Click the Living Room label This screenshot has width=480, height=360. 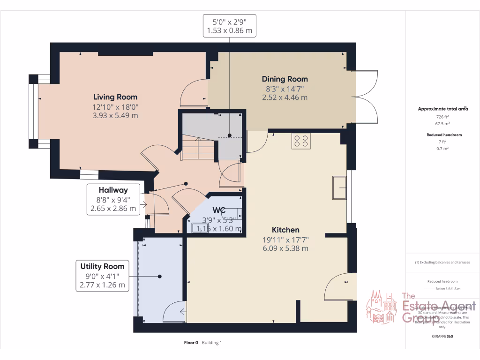(x=115, y=97)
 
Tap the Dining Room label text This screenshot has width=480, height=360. (x=285, y=79)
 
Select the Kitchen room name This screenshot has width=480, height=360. (x=285, y=230)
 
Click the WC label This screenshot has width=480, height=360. (x=219, y=210)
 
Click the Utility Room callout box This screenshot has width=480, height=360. (x=102, y=276)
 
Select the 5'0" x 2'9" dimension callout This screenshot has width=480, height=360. (x=229, y=26)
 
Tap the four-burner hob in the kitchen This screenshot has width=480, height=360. (x=301, y=141)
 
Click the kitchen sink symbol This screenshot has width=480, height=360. (x=339, y=187)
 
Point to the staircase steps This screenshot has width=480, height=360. (x=198, y=149)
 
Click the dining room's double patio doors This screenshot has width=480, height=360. (x=366, y=97)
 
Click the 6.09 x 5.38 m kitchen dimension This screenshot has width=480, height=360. (x=285, y=248)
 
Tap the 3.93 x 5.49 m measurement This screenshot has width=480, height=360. (x=115, y=115)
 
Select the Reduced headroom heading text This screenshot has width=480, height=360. (x=443, y=135)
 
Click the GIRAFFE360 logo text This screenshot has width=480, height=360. (x=442, y=337)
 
